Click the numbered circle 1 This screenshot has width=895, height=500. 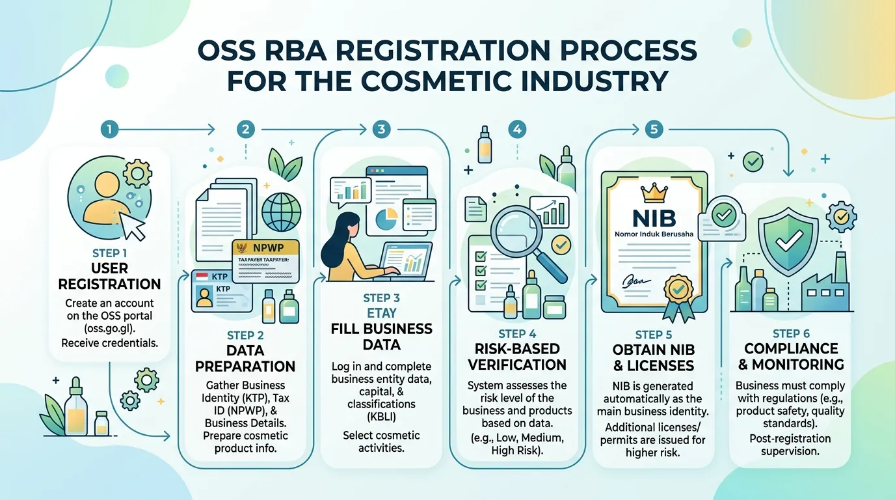pyautogui.click(x=109, y=130)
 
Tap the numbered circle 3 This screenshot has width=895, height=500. pyautogui.click(x=381, y=129)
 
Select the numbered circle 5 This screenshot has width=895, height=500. pyautogui.click(x=654, y=129)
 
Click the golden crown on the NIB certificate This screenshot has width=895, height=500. pyautogui.click(x=654, y=193)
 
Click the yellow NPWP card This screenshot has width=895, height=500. pyautogui.click(x=265, y=261)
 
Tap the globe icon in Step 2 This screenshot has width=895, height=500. pyautogui.click(x=281, y=212)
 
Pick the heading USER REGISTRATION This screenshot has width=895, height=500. pyautogui.click(x=109, y=276)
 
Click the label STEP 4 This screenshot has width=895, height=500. pyautogui.click(x=517, y=333)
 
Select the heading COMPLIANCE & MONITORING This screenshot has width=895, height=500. pyautogui.click(x=791, y=356)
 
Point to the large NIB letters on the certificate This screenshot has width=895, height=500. pyautogui.click(x=654, y=218)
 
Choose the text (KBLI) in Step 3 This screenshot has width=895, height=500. pyautogui.click(x=381, y=417)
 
